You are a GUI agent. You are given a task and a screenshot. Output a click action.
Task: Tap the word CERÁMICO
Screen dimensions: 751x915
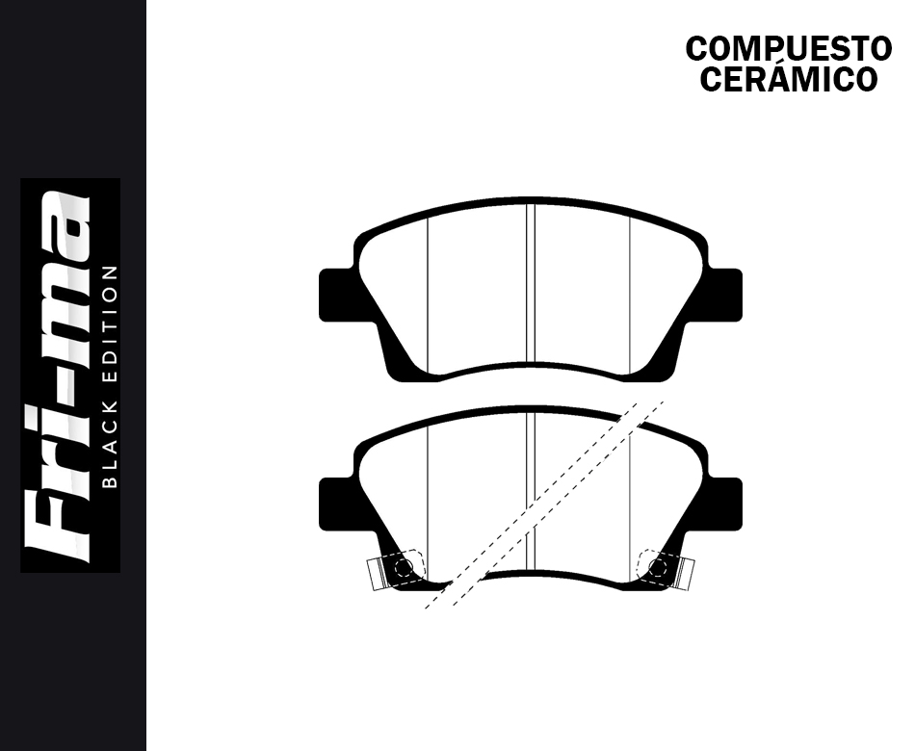point(788,79)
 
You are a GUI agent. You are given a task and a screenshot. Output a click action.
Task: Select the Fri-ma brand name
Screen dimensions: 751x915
point(59,375)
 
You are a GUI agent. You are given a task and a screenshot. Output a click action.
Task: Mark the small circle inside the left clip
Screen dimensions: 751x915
point(403,567)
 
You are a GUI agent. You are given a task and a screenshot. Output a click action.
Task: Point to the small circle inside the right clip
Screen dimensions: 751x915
point(659,567)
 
